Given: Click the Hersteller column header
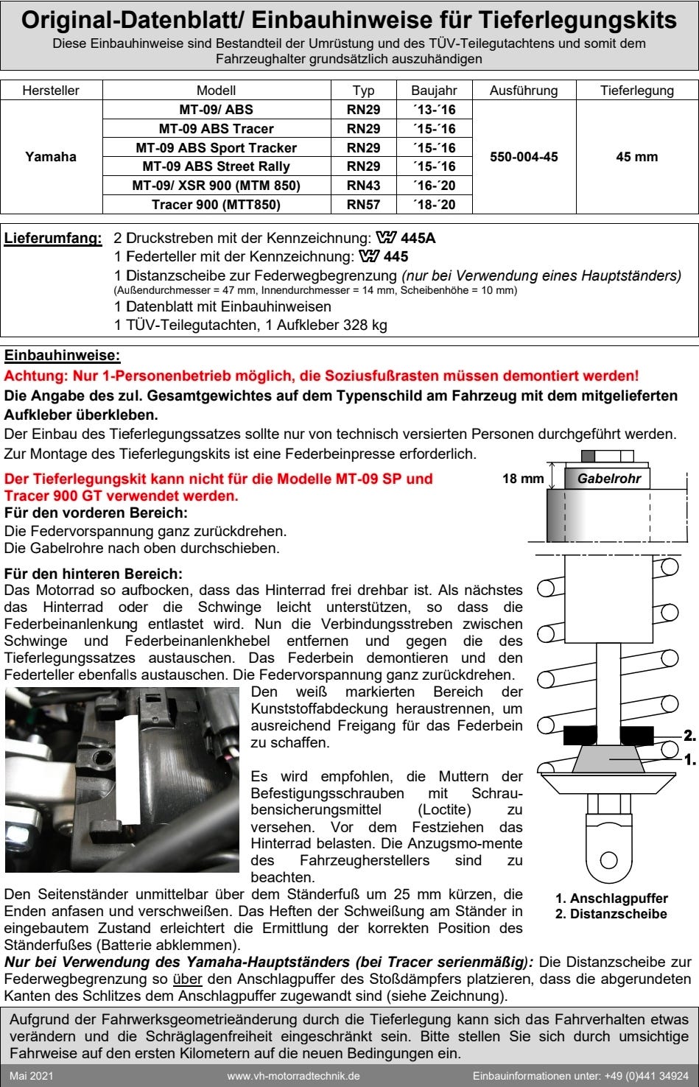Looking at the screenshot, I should coord(51,91).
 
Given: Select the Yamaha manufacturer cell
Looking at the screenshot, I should coord(51,157).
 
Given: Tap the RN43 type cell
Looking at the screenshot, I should coord(363,186).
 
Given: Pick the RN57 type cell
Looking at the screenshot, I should coord(363,205).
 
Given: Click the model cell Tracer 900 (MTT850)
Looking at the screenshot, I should coord(216,205).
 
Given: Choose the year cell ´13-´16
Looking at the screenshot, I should coord(434,110).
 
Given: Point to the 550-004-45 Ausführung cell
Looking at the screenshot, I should coord(524,157).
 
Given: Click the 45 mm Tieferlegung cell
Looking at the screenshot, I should coord(637,157).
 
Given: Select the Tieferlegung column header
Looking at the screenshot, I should coord(637,91).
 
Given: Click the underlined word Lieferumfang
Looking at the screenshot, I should coord(53,239).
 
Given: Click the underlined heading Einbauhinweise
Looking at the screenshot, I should coord(62,356).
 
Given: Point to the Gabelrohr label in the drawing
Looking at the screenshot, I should coord(608,479).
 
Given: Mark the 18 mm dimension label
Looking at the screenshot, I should coord(523,479).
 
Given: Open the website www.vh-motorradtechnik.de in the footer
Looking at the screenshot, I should coord(293,1076).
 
